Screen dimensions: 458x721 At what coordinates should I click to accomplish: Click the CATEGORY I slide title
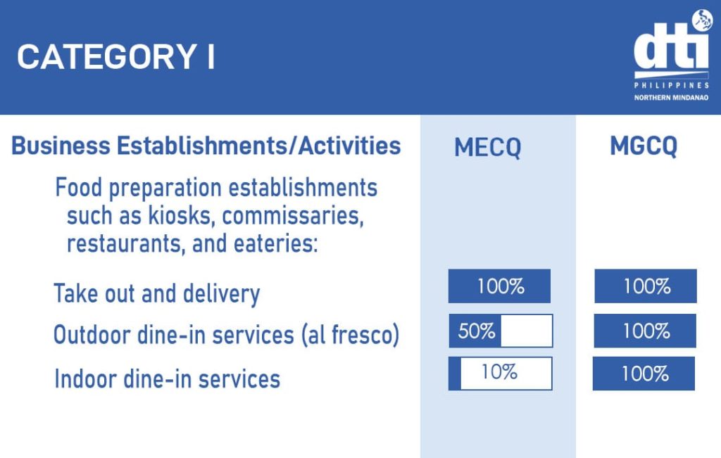coord(115,57)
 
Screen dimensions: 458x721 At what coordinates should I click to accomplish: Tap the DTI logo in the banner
coord(670,49)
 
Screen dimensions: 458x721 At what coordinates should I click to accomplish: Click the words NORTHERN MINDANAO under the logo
coord(671,98)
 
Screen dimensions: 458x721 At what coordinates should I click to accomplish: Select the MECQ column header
coord(487,148)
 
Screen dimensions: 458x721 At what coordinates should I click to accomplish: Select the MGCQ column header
coord(644,146)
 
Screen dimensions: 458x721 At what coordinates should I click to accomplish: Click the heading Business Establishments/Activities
coord(206,146)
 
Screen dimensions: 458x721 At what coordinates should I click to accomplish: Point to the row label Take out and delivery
coord(157,293)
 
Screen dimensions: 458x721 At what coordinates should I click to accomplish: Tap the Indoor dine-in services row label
coord(167,379)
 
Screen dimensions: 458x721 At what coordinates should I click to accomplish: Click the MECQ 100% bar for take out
coord(499,286)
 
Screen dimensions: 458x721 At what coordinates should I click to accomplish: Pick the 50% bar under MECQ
coord(501,331)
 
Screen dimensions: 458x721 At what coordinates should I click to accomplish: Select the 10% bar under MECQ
coord(500,373)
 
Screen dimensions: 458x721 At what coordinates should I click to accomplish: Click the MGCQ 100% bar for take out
coord(646,286)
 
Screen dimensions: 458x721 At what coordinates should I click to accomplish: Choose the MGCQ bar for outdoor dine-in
coord(645,331)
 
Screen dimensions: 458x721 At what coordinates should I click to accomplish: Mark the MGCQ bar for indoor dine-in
coord(644,374)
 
